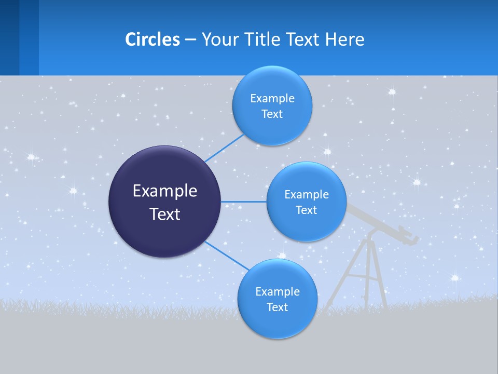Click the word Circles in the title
tap(152, 39)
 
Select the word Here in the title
tap(344, 39)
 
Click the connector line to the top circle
tap(224, 149)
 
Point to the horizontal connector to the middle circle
tap(243, 202)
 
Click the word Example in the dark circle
tap(164, 191)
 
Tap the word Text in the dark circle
tap(164, 214)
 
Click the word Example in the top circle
tap(272, 99)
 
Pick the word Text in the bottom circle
tap(277, 308)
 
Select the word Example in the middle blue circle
tap(307, 195)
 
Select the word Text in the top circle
tap(272, 114)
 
